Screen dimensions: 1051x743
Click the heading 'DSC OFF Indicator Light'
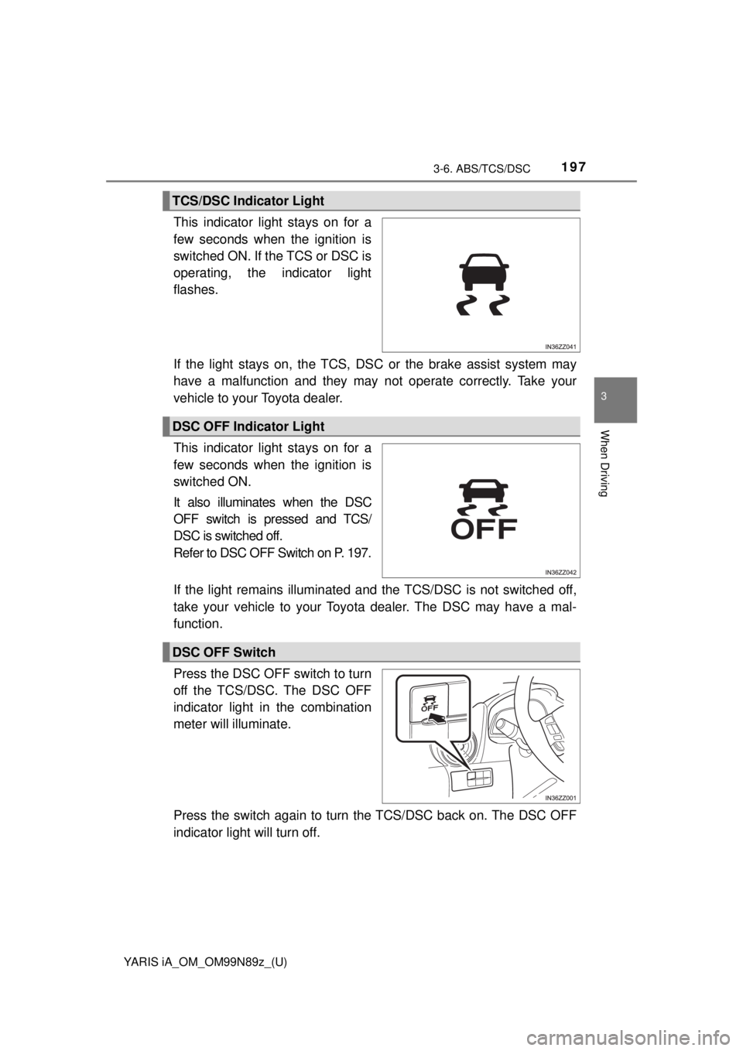click(x=247, y=426)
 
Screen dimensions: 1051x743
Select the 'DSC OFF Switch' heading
click(x=223, y=652)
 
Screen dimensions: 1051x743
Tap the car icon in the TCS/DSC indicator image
click(x=481, y=275)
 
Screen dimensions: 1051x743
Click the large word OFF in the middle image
click(x=483, y=529)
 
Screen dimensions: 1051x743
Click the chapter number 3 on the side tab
click(x=616, y=397)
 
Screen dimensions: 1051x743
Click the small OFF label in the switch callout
click(x=426, y=707)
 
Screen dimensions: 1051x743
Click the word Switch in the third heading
click(x=255, y=652)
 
